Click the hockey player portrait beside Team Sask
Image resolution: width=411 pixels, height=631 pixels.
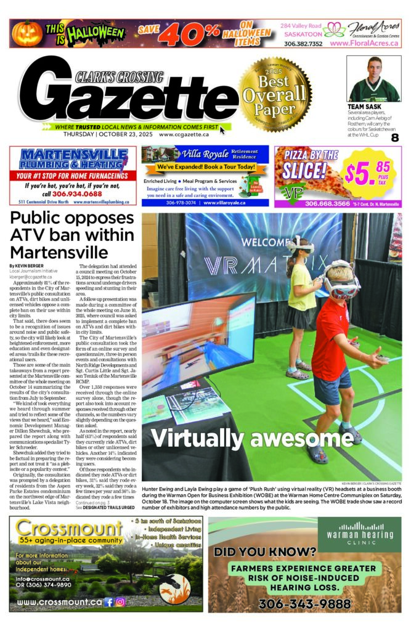(373, 79)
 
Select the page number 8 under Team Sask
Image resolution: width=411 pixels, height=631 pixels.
(394, 137)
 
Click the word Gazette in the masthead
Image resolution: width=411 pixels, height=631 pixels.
(132, 96)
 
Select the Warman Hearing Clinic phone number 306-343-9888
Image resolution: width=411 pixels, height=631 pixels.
(304, 604)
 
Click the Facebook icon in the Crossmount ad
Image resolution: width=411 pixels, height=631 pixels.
(108, 602)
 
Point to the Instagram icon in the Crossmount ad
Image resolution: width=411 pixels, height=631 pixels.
(121, 602)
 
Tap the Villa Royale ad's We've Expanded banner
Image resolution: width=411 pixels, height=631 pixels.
(205, 167)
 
